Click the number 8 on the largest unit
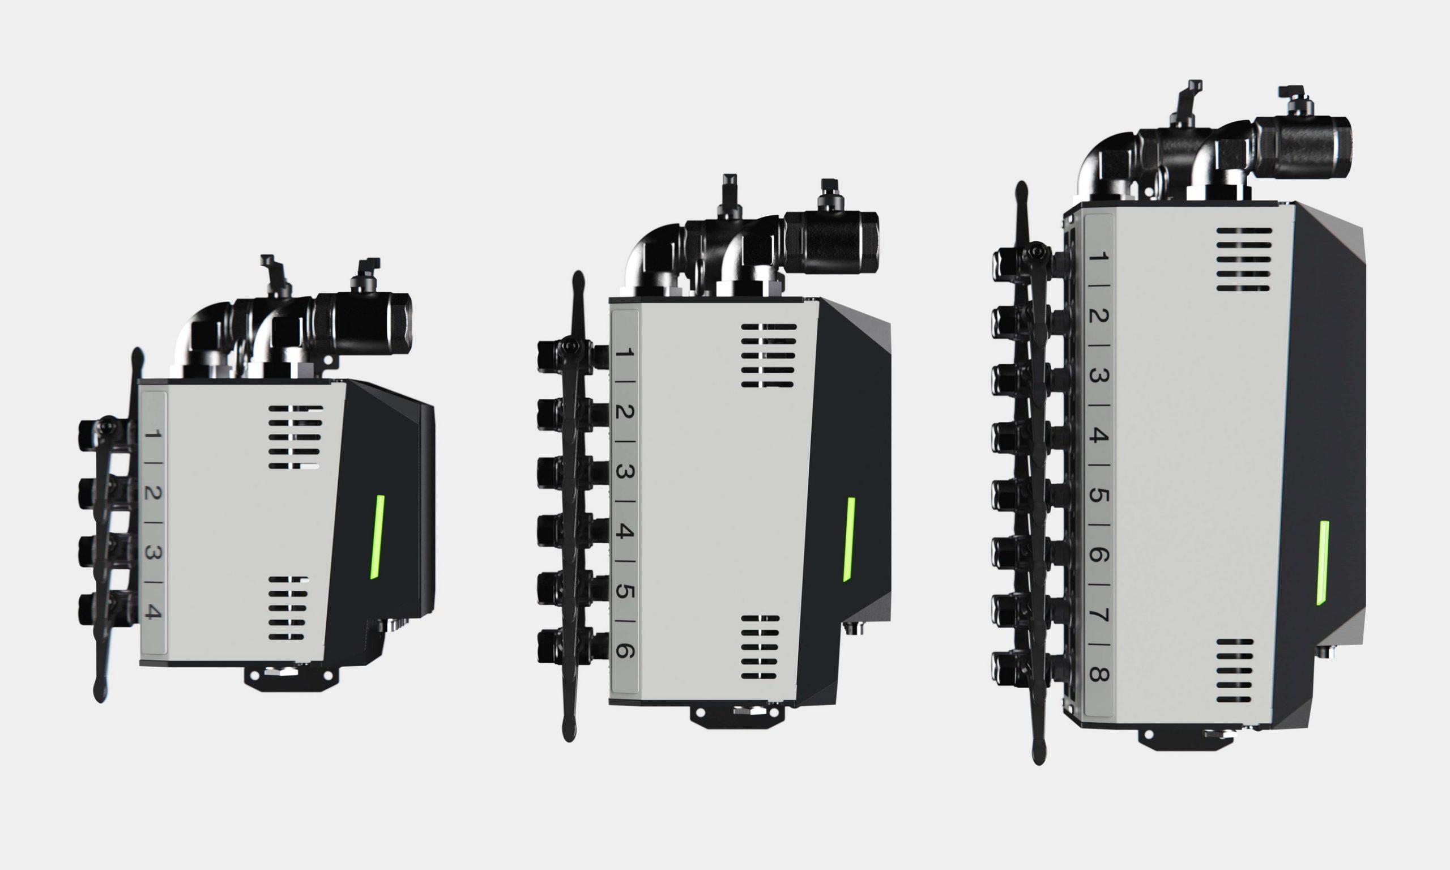click(x=1099, y=675)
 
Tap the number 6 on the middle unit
click(x=624, y=651)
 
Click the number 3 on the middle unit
click(x=624, y=471)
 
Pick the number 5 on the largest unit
click(x=1099, y=495)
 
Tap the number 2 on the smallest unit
click(x=153, y=493)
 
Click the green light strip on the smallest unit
click(x=377, y=537)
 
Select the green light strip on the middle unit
click(x=848, y=539)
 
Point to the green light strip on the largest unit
click(x=1323, y=563)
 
